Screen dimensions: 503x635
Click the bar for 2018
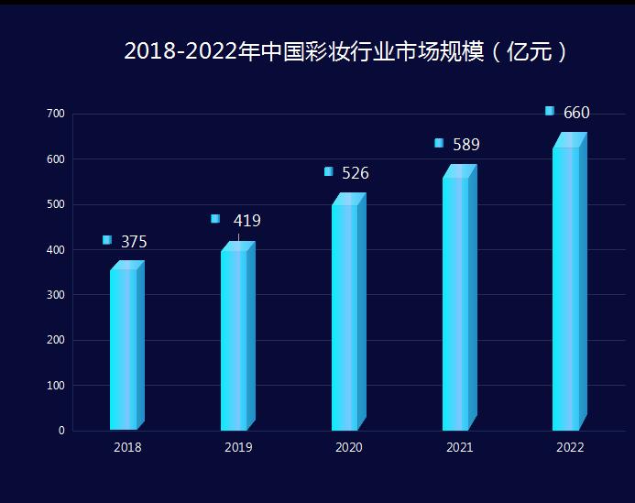125,349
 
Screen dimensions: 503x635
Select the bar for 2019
235,340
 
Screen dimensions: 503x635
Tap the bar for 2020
346,317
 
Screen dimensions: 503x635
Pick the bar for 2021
457,303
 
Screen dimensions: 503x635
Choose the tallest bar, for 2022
567,289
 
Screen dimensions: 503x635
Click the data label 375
134,242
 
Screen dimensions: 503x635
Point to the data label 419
246,221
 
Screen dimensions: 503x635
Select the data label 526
356,173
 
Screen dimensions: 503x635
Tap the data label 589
466,145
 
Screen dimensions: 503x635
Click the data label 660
576,113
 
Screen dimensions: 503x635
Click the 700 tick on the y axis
56,114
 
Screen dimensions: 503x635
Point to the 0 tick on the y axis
61,431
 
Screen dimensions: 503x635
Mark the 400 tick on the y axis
56,250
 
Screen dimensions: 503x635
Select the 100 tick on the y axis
56,386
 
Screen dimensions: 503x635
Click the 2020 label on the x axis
348,448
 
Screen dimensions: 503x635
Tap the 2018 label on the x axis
127,448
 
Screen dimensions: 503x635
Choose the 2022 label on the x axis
570,448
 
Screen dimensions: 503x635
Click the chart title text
346,51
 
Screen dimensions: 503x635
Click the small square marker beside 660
550,111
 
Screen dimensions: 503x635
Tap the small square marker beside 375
107,240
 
